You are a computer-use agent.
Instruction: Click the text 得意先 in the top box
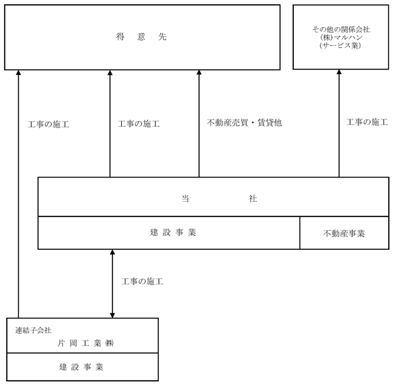tap(141, 37)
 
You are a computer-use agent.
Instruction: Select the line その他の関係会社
tap(341, 29)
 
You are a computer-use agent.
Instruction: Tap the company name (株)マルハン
tap(341, 37)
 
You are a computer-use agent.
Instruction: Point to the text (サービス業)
tap(340, 45)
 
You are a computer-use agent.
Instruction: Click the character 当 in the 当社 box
tap(185, 198)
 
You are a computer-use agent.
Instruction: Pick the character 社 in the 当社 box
tap(252, 198)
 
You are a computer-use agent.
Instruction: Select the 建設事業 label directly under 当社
tap(173, 232)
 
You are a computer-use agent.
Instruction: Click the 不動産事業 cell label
tap(344, 234)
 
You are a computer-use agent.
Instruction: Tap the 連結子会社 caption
tap(33, 330)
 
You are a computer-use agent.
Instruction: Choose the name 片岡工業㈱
tap(86, 343)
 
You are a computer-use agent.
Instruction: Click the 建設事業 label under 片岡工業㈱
tap(81, 367)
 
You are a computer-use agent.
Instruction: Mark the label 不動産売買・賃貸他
tap(245, 123)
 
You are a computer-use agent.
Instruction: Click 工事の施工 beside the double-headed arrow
tap(142, 282)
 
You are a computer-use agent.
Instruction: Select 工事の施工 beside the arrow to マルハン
tap(367, 122)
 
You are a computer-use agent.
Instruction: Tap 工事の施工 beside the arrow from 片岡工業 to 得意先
tap(49, 124)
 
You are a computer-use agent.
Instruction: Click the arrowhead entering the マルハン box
tap(339, 72)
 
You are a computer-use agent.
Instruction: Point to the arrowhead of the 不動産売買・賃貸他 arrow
tap(199, 72)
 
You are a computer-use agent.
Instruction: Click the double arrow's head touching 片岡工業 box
tap(112, 315)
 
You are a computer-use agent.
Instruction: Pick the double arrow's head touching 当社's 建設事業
tap(112, 252)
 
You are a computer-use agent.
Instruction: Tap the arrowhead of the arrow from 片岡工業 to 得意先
tap(18, 72)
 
